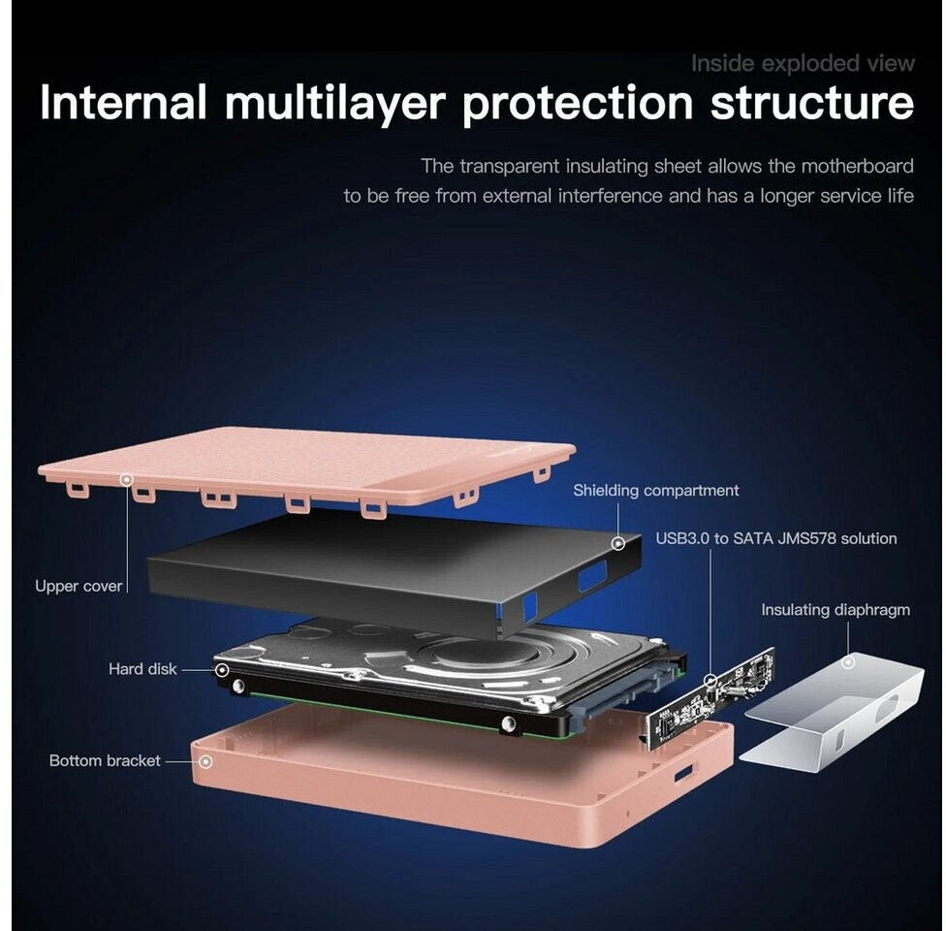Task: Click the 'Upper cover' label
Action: pos(79,587)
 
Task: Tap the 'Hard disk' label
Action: pos(142,669)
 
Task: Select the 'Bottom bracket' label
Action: pos(105,760)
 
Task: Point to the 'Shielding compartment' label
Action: pos(656,491)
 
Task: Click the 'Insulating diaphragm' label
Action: pos(836,610)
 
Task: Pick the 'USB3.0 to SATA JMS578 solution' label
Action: pos(776,538)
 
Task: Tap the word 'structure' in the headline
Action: pos(812,103)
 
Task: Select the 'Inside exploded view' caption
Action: pos(803,63)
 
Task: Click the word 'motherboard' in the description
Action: pos(857,166)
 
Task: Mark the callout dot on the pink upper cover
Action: pos(126,479)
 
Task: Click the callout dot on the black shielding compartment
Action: pos(618,543)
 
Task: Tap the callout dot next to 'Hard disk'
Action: pos(222,670)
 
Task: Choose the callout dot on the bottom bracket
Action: pos(205,762)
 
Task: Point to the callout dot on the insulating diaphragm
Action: pos(848,662)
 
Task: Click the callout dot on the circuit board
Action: pos(711,681)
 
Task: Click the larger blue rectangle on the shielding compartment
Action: pos(592,575)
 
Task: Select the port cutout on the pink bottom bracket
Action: pos(684,773)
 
